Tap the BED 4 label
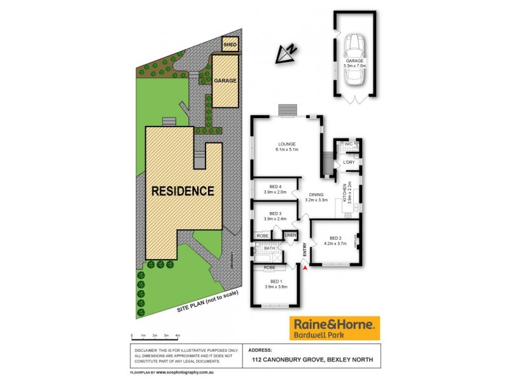275,186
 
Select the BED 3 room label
275,213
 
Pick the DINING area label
316,195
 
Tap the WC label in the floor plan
348,144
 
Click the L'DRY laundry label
349,163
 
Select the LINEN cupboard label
291,236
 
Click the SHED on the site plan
229,45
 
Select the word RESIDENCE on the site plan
182,190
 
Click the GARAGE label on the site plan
225,81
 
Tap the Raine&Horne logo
334,328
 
